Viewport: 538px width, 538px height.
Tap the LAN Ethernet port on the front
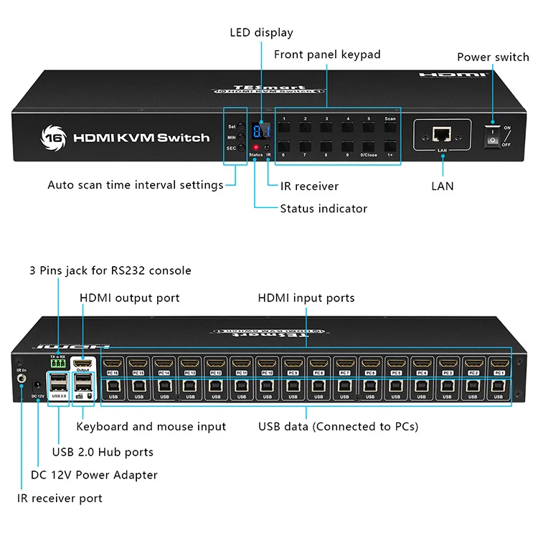click(442, 134)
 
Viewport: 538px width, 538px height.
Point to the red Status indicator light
click(255, 148)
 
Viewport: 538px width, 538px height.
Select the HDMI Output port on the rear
click(84, 364)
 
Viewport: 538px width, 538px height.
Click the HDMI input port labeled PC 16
click(113, 364)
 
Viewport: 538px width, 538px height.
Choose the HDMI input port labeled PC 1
click(499, 364)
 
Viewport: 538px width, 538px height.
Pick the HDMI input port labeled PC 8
click(318, 364)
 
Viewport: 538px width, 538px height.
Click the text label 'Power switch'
click(493, 57)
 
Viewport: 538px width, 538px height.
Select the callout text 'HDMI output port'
click(129, 298)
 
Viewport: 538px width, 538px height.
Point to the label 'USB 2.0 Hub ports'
click(103, 452)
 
